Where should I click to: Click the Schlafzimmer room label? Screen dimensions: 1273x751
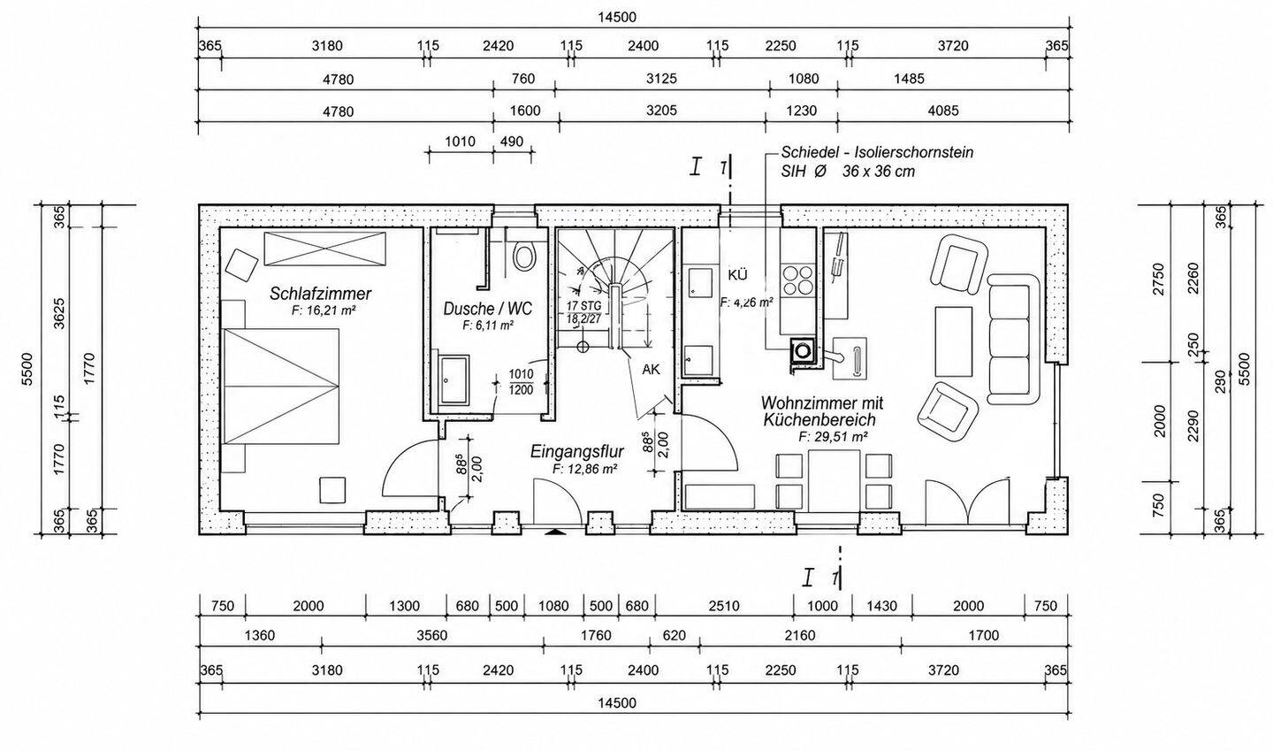pos(320,294)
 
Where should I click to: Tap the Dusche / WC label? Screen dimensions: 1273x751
pos(488,309)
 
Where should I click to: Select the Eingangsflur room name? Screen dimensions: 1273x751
pos(576,452)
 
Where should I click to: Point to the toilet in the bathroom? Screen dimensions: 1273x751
pos(524,255)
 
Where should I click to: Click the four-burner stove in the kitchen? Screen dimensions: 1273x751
pos(797,280)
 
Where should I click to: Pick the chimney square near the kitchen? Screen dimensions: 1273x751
pos(803,350)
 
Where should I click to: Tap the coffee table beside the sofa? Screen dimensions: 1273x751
pos(954,341)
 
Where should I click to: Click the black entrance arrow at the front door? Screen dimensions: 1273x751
pos(556,533)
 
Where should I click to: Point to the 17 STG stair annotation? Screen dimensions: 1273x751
pos(583,306)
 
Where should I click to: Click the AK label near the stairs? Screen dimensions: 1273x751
pos(652,370)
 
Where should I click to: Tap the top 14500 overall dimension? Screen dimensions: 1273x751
pos(617,18)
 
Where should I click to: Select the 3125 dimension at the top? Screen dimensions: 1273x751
pos(661,79)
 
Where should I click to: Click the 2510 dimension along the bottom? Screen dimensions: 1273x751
pos(724,606)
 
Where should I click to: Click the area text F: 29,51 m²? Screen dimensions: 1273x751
pos(833,437)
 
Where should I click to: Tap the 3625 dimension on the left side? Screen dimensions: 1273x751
pos(58,313)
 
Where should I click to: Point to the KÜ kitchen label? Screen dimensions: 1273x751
pos(737,275)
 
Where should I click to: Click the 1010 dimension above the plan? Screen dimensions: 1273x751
pos(460,141)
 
